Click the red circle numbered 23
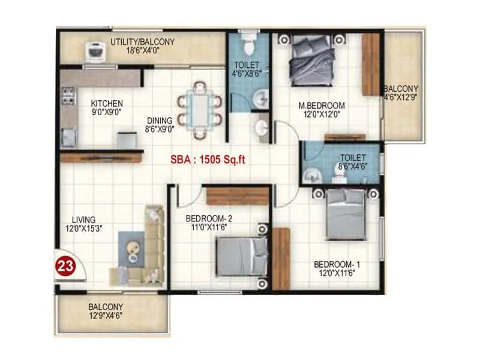[x=64, y=265]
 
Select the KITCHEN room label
[x=107, y=103]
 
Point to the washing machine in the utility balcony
[x=94, y=52]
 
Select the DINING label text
[x=159, y=120]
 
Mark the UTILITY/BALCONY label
[x=142, y=42]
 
